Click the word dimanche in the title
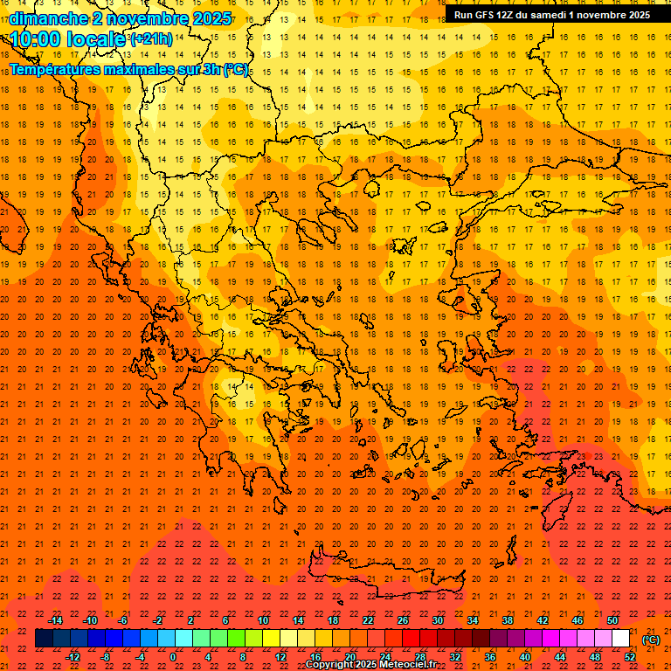48,18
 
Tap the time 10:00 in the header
38,39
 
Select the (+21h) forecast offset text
150,39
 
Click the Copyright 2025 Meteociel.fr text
370,665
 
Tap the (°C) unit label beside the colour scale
651,640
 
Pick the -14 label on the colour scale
55,620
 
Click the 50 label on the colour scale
612,620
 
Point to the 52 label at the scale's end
630,657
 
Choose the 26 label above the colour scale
403,620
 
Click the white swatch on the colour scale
621,639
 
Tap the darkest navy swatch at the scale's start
44,639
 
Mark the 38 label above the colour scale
508,620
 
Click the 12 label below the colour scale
280,657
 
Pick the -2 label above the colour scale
158,620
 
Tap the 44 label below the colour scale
560,657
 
